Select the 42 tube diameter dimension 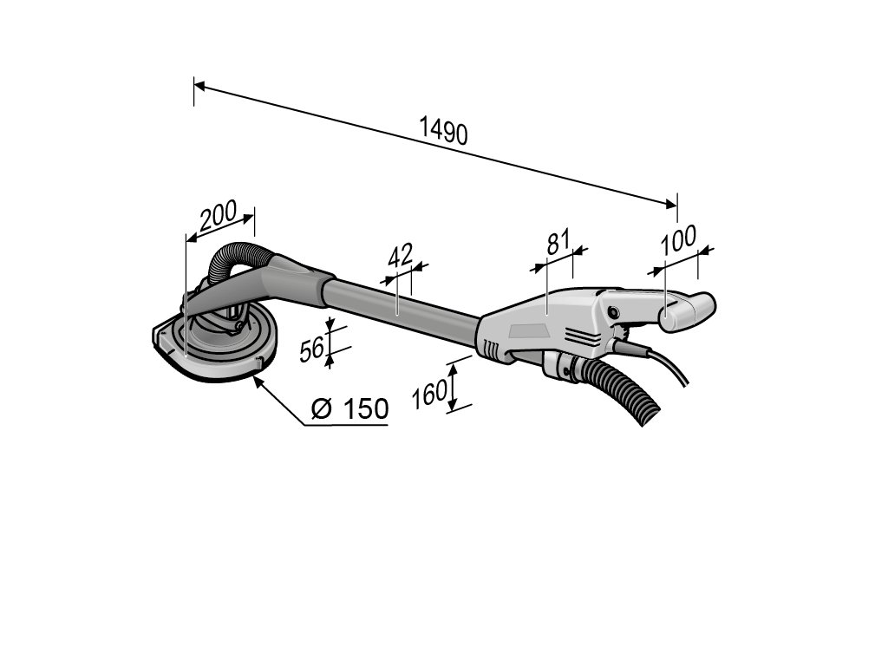click(399, 256)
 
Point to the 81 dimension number click(558, 241)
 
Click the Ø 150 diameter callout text click(349, 408)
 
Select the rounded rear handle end click(689, 310)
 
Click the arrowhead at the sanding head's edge click(258, 377)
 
